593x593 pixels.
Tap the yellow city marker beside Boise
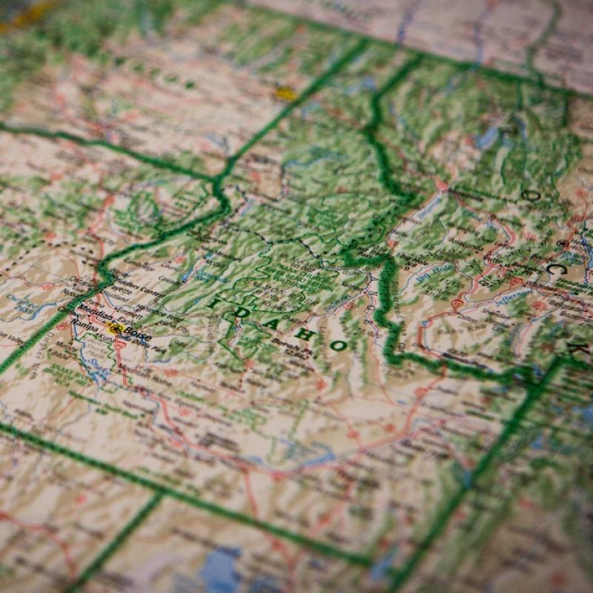115,327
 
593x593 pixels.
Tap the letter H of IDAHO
302,333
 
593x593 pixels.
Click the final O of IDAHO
338,345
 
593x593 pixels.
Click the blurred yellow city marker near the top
285,93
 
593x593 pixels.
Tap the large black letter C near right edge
557,271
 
